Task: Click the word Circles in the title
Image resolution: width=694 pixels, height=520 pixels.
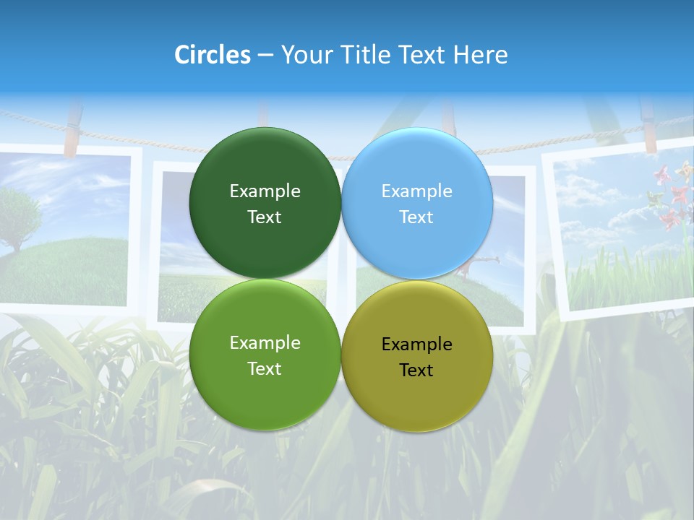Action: click(x=212, y=55)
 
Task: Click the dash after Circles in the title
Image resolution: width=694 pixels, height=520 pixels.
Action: click(x=265, y=56)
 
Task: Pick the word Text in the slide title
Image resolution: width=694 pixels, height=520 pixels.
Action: click(x=423, y=55)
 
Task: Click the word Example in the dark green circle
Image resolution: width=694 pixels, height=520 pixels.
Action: click(x=265, y=191)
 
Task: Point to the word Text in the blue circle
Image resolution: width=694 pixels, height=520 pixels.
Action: click(x=416, y=217)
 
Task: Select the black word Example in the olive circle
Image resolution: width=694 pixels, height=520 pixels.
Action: click(x=416, y=344)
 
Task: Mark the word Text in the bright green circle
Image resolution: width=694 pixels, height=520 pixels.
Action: click(x=265, y=368)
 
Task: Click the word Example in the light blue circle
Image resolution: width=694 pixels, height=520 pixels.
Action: click(x=416, y=191)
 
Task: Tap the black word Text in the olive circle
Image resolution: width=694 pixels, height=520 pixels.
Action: click(x=416, y=370)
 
